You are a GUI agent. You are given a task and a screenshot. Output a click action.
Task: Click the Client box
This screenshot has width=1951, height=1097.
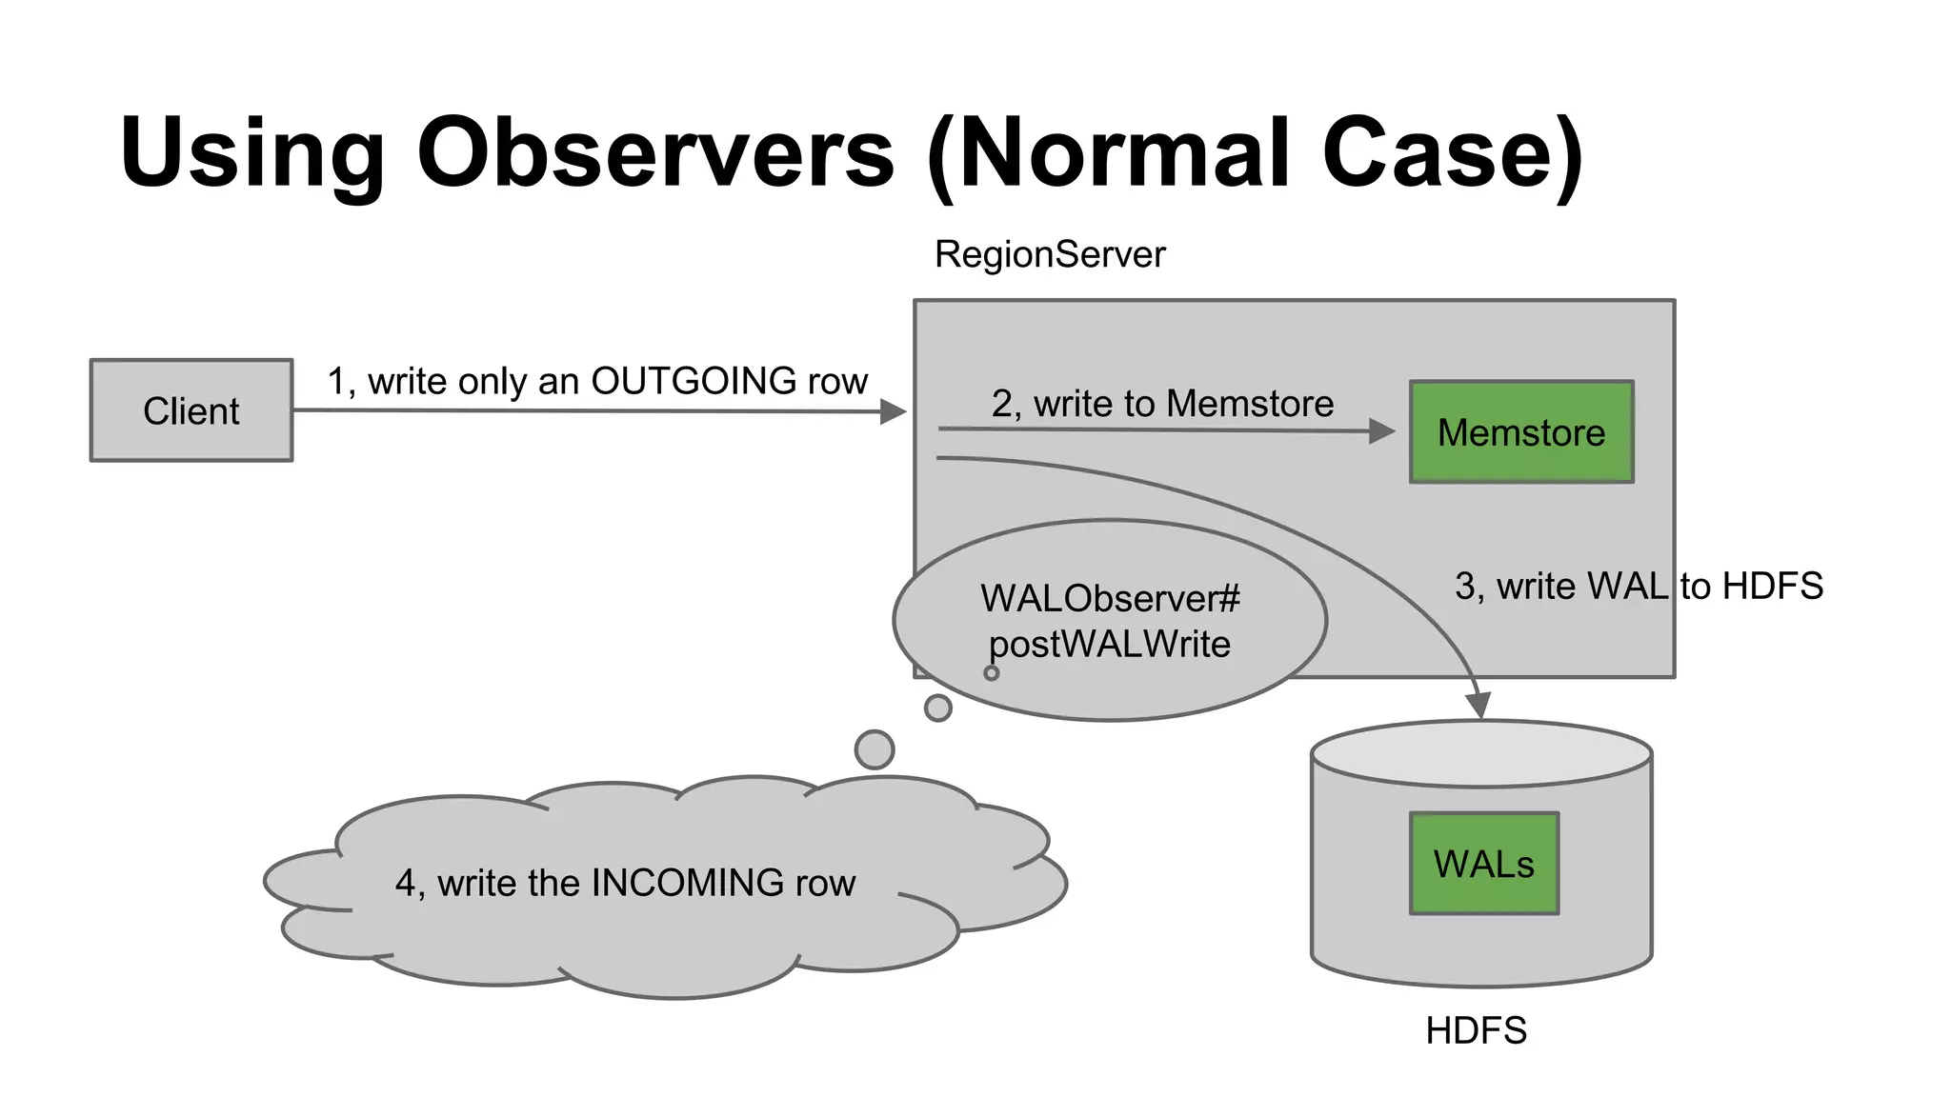pos(191,410)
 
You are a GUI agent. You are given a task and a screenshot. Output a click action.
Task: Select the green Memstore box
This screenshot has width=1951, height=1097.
pos(1521,432)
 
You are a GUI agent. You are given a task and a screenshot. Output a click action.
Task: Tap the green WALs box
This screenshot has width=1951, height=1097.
pos(1483,864)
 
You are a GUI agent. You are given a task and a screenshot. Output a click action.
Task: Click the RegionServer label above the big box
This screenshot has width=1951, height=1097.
pos(1050,254)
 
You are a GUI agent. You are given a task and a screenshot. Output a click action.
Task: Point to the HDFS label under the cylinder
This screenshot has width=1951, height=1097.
pos(1476,1030)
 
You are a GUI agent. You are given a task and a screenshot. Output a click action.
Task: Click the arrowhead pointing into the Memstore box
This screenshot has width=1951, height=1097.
pos(1382,431)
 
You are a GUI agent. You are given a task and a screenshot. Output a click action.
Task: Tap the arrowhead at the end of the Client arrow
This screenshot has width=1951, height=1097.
pos(893,411)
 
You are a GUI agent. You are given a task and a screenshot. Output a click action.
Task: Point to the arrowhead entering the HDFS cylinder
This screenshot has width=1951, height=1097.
pos(1478,706)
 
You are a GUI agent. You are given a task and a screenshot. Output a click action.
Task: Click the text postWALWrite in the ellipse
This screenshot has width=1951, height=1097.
pos(1110,645)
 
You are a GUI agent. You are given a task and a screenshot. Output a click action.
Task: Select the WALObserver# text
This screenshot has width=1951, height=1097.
pos(1110,599)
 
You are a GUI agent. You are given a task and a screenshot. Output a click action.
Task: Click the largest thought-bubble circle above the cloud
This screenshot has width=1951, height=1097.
pos(875,749)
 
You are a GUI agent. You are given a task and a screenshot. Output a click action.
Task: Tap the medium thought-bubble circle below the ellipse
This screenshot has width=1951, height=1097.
pos(938,708)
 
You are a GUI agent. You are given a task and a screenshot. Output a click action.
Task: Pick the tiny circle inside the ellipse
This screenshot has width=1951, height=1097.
pos(992,673)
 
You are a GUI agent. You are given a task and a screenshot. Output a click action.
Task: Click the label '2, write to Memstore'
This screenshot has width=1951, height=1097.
pos(1162,404)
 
